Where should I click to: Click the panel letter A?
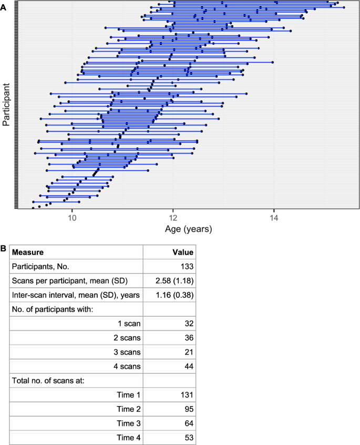(5, 5)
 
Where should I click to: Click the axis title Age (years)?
(188, 229)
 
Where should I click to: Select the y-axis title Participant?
(7, 104)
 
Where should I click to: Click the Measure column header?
(28, 252)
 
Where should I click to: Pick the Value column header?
(183, 252)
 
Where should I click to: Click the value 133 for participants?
(187, 266)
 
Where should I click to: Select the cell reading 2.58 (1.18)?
(175, 281)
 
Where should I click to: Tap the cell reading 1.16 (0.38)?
(175, 295)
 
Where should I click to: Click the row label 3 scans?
(127, 351)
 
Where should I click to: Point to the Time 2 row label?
(128, 408)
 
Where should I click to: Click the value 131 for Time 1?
(188, 394)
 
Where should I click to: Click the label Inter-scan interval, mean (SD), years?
(76, 295)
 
